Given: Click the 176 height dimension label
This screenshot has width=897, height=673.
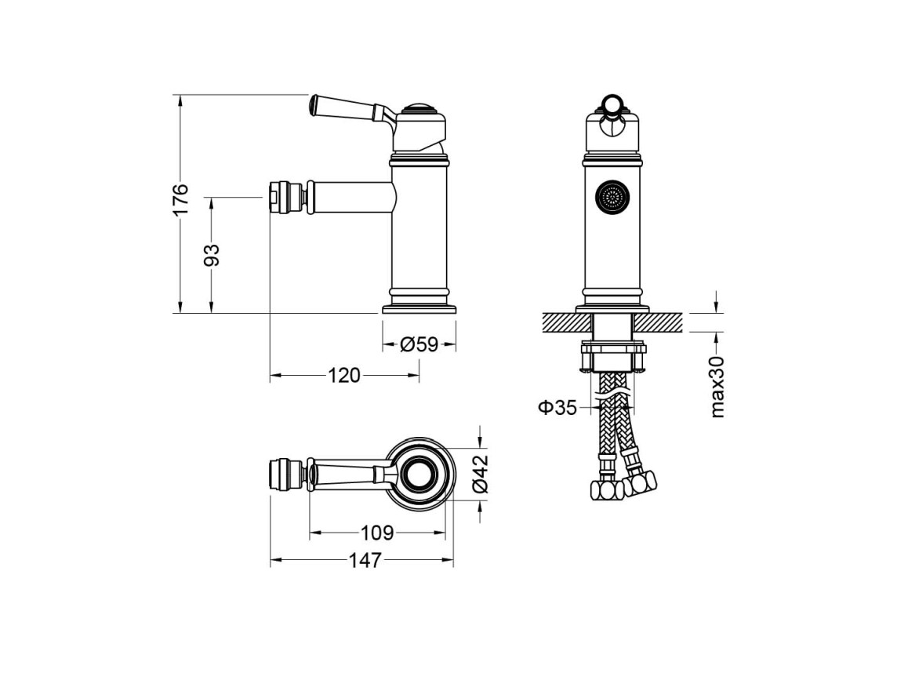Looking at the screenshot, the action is (180, 200).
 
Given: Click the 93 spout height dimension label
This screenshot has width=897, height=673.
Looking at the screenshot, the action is (212, 255).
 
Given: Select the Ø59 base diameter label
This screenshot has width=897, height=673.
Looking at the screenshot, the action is (419, 344).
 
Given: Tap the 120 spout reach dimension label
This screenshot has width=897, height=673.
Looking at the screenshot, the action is (344, 376).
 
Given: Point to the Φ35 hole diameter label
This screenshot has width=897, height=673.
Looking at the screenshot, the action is (557, 407).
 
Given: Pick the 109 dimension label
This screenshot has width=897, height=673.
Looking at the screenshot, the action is (377, 533).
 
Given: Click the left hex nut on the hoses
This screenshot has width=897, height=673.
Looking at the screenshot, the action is (606, 490).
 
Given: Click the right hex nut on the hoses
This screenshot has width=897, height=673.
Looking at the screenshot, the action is (640, 483).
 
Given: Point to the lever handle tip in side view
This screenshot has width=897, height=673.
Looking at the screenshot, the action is (312, 104).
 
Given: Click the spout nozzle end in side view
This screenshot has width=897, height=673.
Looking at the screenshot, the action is (273, 198).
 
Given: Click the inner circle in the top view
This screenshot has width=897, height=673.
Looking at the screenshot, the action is (422, 475).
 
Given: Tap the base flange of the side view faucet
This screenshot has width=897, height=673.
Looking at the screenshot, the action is (419, 310).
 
